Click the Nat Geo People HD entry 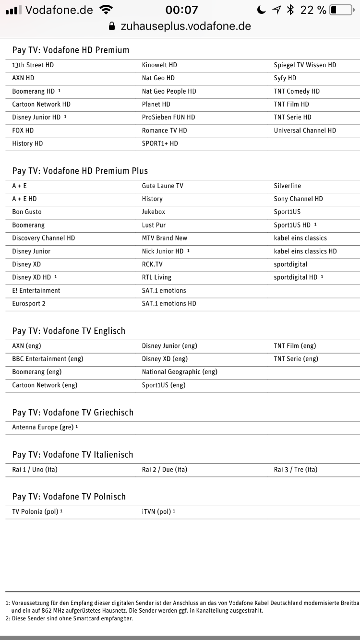click(169, 91)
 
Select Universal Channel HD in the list click(305, 130)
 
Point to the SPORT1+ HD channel click(160, 143)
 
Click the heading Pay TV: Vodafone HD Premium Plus click(80, 171)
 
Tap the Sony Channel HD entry click(299, 199)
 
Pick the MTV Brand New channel click(165, 238)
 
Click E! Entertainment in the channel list click(36, 290)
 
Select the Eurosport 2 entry click(29, 303)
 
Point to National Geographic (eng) click(180, 372)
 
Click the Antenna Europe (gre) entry click(43, 427)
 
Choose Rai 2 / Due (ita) click(165, 469)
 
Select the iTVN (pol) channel click(156, 511)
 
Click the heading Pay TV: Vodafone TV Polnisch click(69, 497)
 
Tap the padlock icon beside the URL click(112, 26)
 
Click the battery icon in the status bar click(340, 10)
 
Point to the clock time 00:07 click(181, 10)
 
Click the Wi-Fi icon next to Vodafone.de click(106, 10)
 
